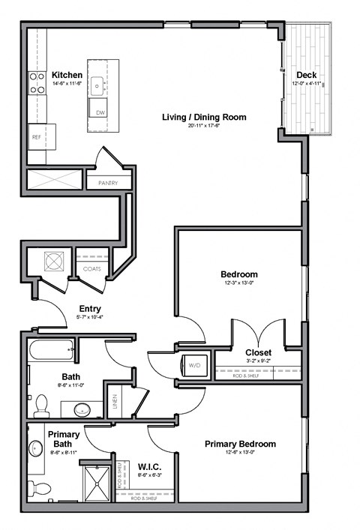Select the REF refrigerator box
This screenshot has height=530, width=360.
point(36,137)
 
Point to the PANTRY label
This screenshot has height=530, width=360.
point(108,182)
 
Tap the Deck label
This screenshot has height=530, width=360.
point(305,75)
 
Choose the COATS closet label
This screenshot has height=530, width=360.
point(91,268)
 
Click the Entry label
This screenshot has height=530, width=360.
point(90,309)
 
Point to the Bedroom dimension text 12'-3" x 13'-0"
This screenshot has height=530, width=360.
point(238,283)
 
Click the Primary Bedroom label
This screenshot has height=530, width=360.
point(240,444)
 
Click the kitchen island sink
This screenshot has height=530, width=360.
point(98,84)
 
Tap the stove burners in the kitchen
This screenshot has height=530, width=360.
point(35,82)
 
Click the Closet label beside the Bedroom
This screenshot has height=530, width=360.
point(258,352)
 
